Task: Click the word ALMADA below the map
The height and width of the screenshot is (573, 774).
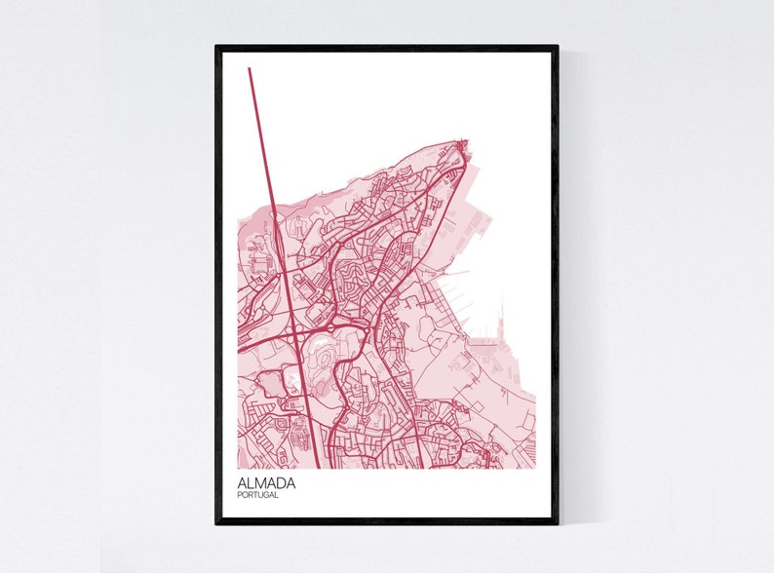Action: [x=266, y=481]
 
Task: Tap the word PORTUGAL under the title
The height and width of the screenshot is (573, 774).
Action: [x=258, y=495]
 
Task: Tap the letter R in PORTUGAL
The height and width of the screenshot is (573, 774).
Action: [x=250, y=495]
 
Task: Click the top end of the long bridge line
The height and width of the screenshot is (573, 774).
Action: [x=250, y=68]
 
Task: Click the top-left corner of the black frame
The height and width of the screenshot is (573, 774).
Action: [x=216, y=46]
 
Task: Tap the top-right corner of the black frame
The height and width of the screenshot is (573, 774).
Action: [x=558, y=46]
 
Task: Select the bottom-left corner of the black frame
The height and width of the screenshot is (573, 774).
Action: [x=216, y=523]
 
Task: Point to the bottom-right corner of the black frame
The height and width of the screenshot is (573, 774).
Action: [x=558, y=523]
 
